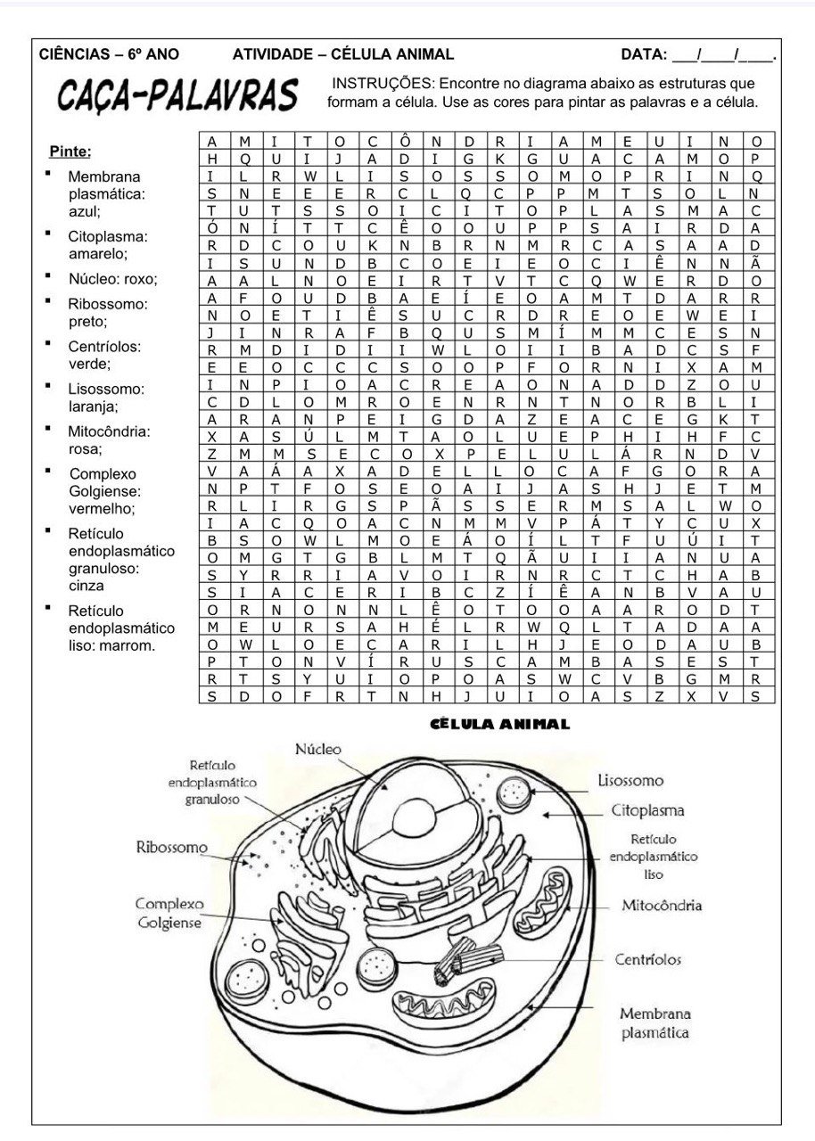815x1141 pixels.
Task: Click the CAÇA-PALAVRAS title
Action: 177,95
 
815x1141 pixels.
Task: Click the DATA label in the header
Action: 644,54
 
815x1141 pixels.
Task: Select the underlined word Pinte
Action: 70,151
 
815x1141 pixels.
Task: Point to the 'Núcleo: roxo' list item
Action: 112,279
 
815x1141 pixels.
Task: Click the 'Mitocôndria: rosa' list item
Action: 108,440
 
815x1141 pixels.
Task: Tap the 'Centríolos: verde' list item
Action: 103,355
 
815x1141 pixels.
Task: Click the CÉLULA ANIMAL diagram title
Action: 498,725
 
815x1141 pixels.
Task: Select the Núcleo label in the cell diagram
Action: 318,750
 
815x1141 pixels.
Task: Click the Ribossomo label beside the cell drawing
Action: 171,847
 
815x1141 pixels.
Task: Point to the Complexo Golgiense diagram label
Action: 169,913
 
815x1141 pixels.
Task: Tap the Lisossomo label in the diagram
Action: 630,781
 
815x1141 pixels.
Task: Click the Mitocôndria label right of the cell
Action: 662,906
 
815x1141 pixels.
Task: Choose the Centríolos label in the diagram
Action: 647,959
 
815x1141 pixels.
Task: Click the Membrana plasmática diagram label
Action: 655,1023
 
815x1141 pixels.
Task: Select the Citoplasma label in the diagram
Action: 647,811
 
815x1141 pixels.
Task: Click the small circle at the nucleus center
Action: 411,813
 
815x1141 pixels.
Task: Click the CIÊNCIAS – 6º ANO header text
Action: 109,54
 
